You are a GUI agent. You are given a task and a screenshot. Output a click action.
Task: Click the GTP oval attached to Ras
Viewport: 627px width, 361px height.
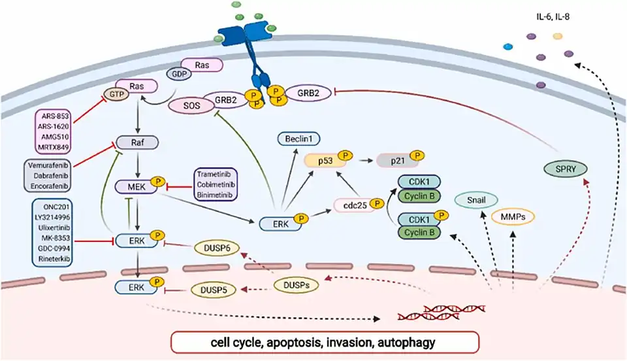[117, 94]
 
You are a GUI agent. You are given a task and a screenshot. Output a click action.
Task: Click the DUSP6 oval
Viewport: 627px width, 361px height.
[217, 249]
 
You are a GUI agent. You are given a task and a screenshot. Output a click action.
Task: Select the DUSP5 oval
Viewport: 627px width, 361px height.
[214, 289]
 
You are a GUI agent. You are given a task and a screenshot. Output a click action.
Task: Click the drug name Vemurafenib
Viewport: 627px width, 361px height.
[50, 166]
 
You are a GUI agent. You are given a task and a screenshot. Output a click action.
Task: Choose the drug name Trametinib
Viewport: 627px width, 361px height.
[216, 176]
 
